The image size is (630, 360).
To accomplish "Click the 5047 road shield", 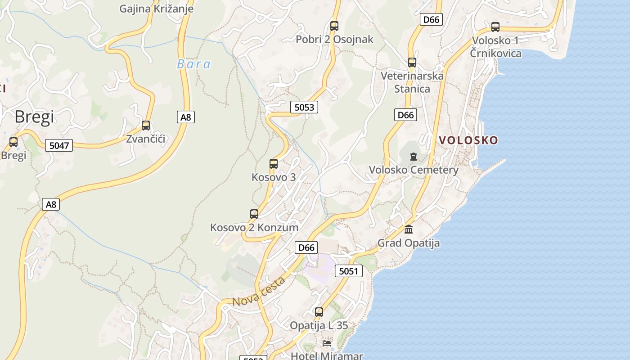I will coord(59,145).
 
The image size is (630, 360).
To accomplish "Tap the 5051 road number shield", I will coord(349,271).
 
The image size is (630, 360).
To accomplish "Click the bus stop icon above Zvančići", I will coord(146,126).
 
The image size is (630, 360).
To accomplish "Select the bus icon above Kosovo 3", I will coord(274,164).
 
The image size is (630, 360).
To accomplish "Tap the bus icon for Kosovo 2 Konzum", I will coord(254,214).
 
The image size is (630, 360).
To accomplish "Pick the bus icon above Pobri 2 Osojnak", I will coord(334,26).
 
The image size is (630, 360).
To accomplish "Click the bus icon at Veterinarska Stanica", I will coord(412,63).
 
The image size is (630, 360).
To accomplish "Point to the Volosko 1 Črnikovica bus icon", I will coord(495,27).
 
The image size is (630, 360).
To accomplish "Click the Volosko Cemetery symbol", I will coord(414,157).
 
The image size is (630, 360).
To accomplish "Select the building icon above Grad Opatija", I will coord(409,229).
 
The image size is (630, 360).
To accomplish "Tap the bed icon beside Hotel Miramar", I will coord(327,343).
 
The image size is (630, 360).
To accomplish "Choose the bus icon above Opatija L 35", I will coord(319,312).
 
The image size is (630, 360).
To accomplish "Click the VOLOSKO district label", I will coord(468,140).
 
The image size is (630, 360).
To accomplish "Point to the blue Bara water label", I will coord(193,64).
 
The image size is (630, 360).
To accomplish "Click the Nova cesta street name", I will coord(259,292).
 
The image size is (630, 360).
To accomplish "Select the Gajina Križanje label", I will coord(156,9).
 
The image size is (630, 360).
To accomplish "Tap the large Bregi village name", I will coord(34,117).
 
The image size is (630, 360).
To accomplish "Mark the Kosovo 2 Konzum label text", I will coord(254,228).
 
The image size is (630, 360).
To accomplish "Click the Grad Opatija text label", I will coord(409,243).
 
